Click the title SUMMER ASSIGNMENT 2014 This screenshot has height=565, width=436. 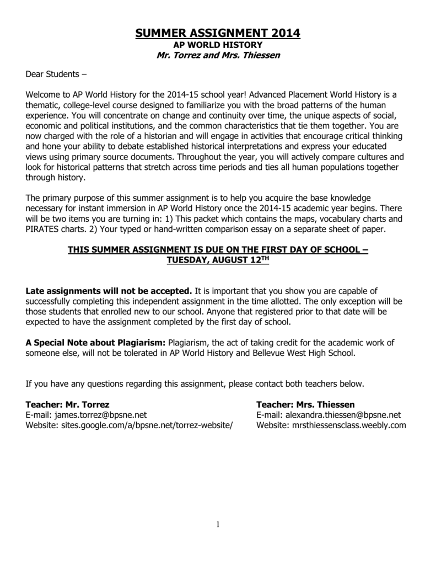[x=218, y=34]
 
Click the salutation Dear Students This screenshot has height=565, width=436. [x=56, y=74]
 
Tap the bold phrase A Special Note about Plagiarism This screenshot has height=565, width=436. [x=96, y=342]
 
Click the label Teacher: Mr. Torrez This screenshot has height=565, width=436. [x=68, y=404]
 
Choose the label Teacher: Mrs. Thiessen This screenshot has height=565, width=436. [x=305, y=404]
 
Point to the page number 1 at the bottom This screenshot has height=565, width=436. [x=218, y=525]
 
